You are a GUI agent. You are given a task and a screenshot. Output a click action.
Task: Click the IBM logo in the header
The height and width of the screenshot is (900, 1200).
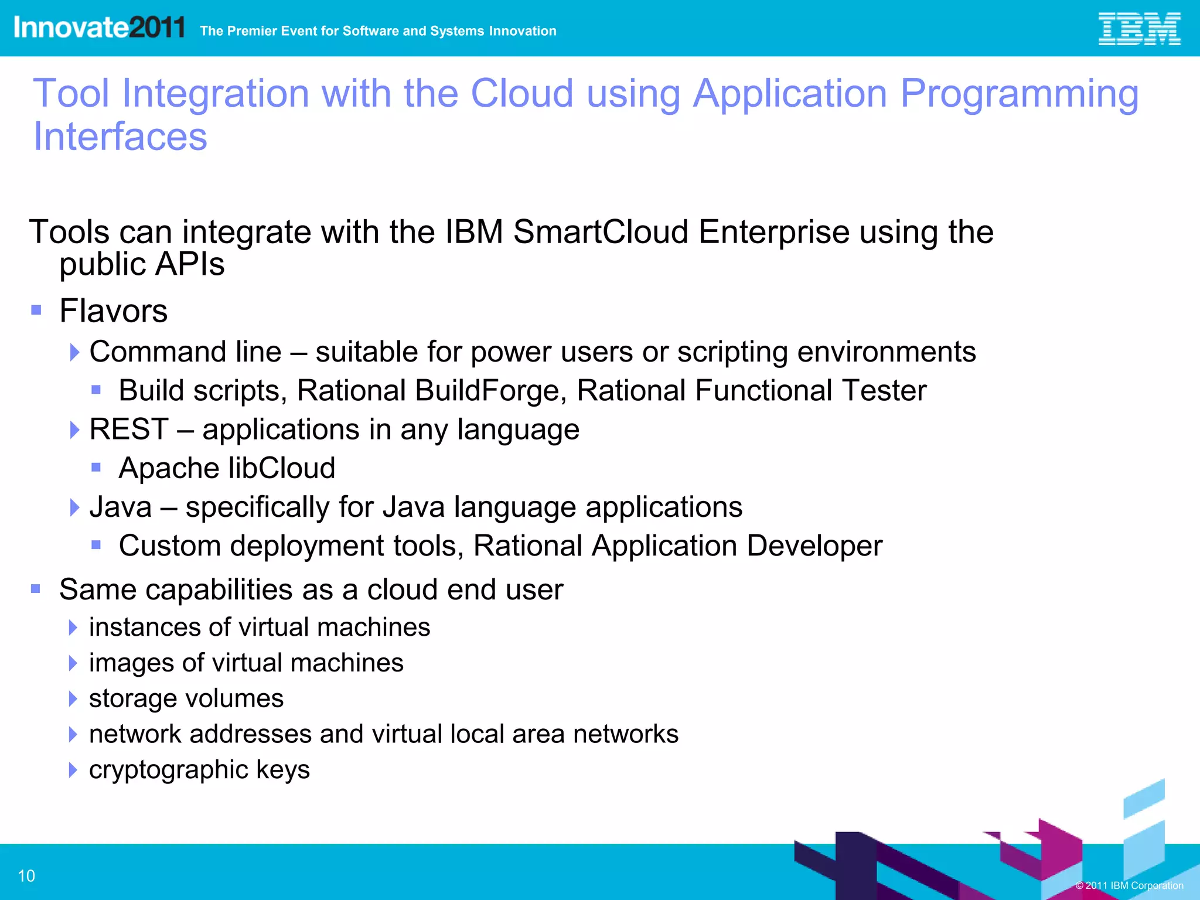click(1138, 29)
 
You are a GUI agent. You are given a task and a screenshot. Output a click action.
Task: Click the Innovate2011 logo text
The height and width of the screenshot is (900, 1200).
click(99, 28)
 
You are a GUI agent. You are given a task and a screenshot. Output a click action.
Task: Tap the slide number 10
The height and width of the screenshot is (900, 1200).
click(26, 876)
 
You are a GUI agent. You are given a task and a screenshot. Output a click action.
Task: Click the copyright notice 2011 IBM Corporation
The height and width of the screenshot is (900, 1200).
click(1129, 885)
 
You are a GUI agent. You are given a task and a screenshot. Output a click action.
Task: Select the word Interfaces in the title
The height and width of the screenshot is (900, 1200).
click(120, 137)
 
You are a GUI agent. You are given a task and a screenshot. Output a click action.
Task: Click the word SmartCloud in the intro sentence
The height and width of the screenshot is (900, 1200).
click(601, 232)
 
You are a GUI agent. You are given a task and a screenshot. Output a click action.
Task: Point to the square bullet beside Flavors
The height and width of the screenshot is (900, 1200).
click(36, 310)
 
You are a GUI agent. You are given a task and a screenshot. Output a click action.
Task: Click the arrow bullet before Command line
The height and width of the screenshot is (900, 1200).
click(74, 352)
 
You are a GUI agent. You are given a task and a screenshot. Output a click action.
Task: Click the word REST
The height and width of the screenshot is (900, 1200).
click(129, 429)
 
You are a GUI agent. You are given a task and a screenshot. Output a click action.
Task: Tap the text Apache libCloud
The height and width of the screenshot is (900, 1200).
click(227, 468)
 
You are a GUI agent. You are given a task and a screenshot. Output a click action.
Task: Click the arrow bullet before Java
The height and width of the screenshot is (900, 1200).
click(74, 507)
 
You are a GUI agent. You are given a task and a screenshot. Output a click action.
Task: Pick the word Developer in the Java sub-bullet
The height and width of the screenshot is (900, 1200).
click(814, 546)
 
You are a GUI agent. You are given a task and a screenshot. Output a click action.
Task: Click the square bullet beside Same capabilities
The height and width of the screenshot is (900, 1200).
click(36, 589)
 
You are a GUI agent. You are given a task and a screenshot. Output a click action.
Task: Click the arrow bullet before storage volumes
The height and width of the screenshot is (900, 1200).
click(73, 698)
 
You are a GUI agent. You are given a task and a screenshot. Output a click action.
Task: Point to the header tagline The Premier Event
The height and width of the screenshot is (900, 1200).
click(378, 31)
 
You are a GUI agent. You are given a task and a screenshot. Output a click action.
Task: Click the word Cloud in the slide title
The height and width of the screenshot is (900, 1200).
click(521, 94)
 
